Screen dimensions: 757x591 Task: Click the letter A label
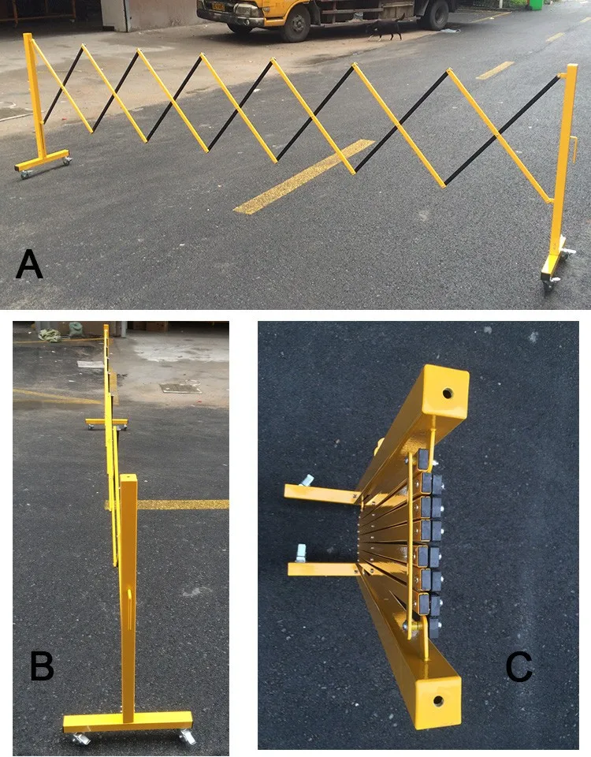[29, 264]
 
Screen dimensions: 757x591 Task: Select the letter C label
[519, 667]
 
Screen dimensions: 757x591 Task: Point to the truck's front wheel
[296, 24]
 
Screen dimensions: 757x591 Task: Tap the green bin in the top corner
[536, 4]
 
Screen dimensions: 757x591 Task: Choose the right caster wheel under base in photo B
[188, 736]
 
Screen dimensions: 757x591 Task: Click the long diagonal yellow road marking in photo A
[303, 177]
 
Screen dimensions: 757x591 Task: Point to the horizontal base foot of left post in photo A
[42, 161]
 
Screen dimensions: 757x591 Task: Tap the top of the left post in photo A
[28, 37]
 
